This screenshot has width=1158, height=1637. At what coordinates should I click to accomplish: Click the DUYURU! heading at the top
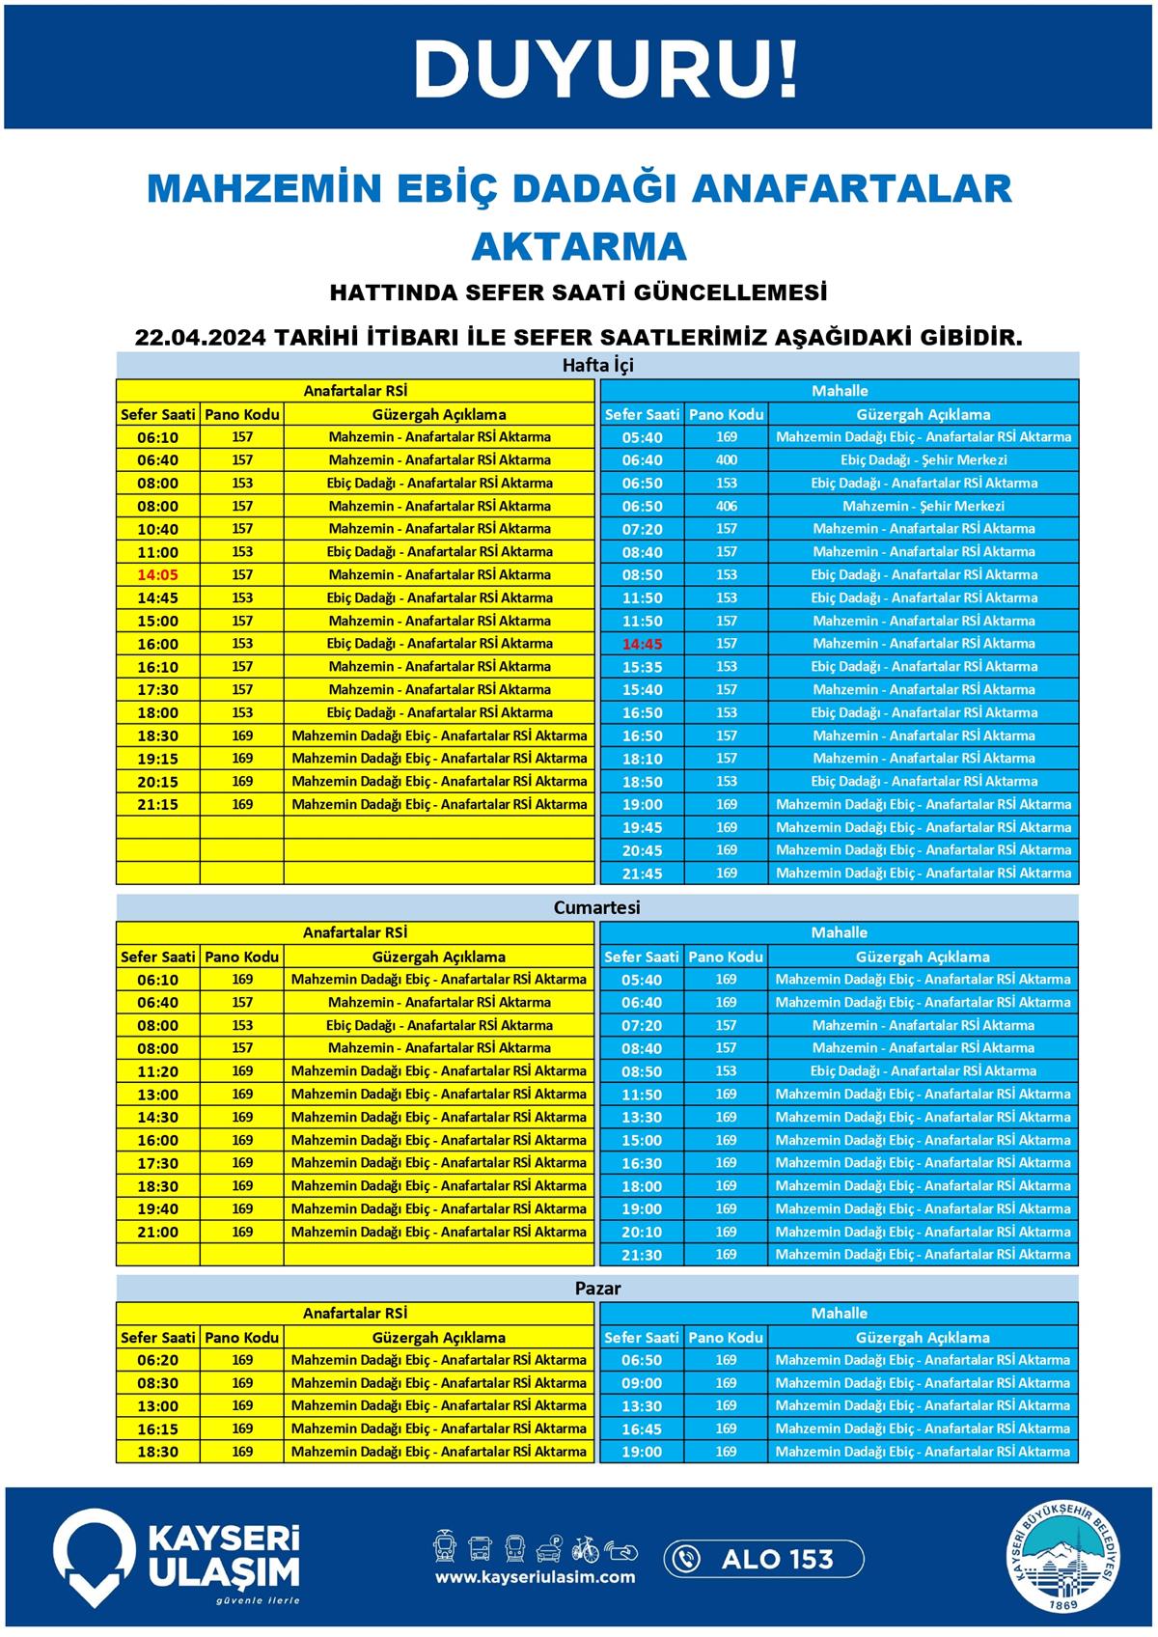(x=606, y=69)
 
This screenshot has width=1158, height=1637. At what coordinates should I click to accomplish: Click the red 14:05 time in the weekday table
(x=158, y=575)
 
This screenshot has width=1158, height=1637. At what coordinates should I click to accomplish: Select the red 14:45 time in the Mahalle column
(x=642, y=644)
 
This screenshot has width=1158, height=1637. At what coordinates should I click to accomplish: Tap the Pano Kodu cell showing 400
(x=727, y=460)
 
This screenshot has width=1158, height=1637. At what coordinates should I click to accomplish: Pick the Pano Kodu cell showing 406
(x=727, y=506)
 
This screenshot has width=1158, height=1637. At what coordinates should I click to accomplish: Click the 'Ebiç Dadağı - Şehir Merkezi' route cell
(x=924, y=460)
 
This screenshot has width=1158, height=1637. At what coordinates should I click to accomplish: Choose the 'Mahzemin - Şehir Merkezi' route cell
(x=924, y=506)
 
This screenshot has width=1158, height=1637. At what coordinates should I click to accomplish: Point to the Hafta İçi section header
(x=597, y=366)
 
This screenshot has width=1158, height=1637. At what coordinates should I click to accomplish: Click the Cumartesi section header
(x=597, y=907)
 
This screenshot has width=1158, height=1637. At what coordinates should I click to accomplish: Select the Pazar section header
(x=597, y=1289)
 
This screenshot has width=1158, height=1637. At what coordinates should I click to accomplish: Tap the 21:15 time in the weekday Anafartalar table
(x=158, y=805)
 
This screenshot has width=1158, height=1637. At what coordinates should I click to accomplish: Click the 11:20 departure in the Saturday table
(x=158, y=1071)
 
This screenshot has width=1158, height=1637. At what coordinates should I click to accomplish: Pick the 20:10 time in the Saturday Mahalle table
(x=642, y=1233)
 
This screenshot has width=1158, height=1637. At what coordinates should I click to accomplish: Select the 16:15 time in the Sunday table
(x=158, y=1429)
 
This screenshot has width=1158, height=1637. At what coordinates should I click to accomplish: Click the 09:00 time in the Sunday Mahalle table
(x=642, y=1383)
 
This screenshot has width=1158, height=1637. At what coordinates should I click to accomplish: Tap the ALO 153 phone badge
(x=763, y=1559)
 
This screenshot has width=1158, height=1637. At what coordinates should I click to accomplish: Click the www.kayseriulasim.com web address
(x=535, y=1577)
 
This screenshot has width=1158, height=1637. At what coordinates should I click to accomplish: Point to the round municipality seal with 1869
(x=1066, y=1559)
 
